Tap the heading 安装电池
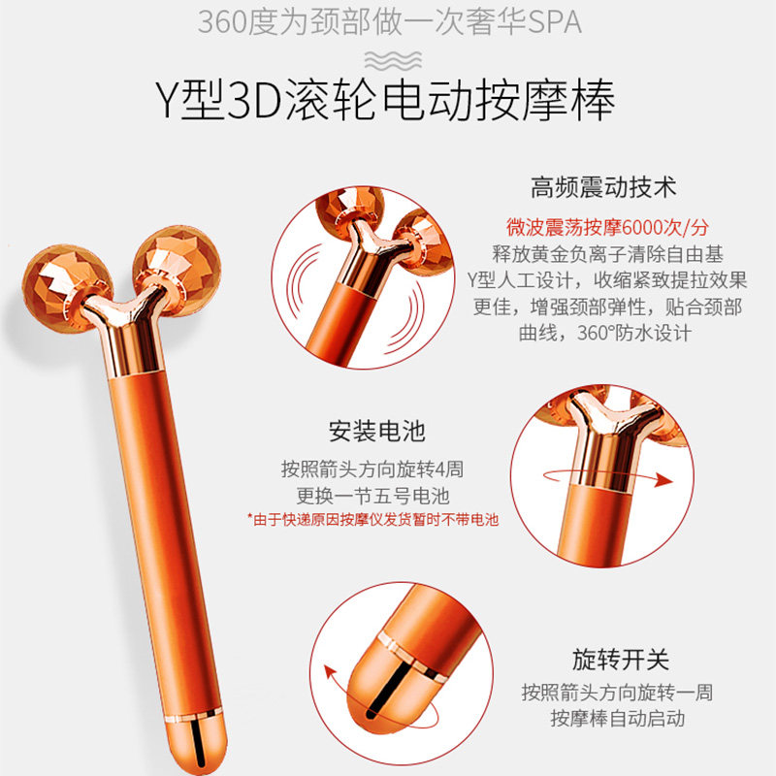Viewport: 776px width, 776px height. (x=376, y=431)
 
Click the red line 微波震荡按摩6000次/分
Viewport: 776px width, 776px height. (x=608, y=228)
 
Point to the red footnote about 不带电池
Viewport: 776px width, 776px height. (x=372, y=520)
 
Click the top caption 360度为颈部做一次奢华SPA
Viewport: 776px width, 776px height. (x=389, y=21)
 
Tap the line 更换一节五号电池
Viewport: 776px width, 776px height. (x=372, y=495)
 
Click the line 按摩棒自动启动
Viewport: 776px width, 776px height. (x=618, y=719)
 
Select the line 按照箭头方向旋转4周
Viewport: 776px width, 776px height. (x=372, y=469)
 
